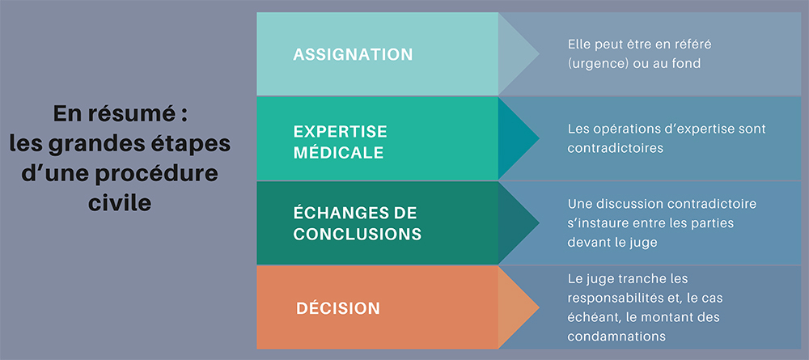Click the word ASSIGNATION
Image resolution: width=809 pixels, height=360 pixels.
pos(353,55)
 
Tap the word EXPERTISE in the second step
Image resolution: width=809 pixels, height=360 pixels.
pos(340,131)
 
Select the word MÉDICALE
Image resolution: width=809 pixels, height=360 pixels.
pos(338,151)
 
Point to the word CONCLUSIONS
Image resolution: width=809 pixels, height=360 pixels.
pos(357,234)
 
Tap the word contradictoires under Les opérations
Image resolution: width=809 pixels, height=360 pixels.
pos(615,149)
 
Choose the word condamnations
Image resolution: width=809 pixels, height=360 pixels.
pos(616,335)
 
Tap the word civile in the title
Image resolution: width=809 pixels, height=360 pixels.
pos(119,203)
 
